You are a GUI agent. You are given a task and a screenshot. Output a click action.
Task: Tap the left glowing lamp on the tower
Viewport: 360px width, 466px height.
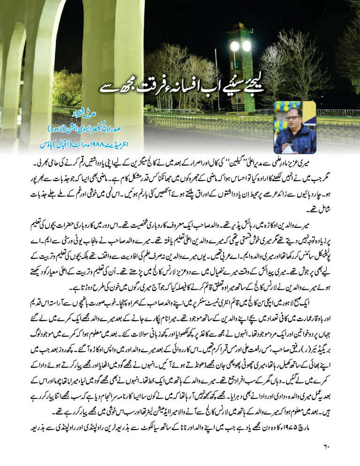coord(234,46)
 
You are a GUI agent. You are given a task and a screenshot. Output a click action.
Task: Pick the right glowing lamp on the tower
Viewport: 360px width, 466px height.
coord(247,46)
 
